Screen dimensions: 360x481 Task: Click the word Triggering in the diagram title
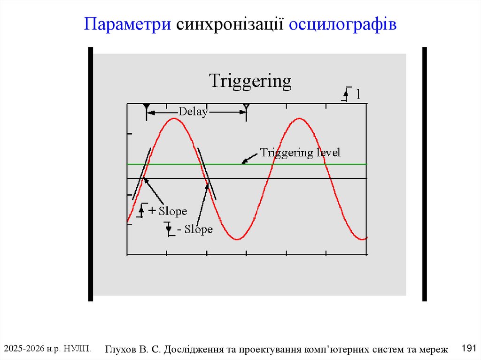(x=250, y=82)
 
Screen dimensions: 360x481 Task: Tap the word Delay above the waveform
(x=193, y=112)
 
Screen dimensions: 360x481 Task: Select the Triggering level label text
(x=300, y=153)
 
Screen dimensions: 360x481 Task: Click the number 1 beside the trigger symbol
(x=358, y=94)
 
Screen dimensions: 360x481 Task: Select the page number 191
(x=469, y=348)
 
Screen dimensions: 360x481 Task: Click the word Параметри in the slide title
(x=127, y=24)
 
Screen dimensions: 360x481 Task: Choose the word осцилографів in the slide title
(x=343, y=24)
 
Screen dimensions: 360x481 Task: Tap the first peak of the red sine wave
(x=174, y=118)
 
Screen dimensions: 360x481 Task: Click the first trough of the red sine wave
(x=237, y=239)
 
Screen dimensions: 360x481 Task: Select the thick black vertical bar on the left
(x=91, y=174)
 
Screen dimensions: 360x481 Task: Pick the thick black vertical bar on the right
(x=425, y=174)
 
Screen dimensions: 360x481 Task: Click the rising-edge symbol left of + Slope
(x=141, y=210)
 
